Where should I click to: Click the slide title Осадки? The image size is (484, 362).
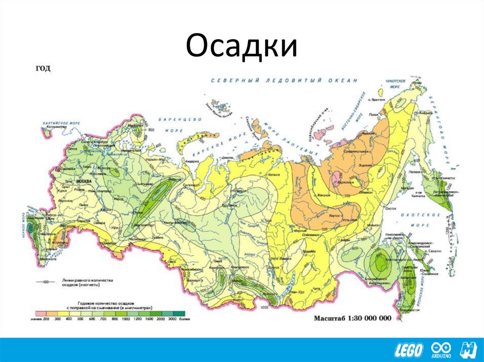click(x=242, y=47)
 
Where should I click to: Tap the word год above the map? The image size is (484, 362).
click(x=43, y=68)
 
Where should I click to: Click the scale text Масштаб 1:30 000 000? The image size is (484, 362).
click(x=353, y=318)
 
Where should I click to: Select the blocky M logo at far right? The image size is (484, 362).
click(x=469, y=349)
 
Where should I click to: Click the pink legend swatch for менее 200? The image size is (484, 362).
click(x=40, y=313)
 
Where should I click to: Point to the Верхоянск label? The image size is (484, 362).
click(x=346, y=181)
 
